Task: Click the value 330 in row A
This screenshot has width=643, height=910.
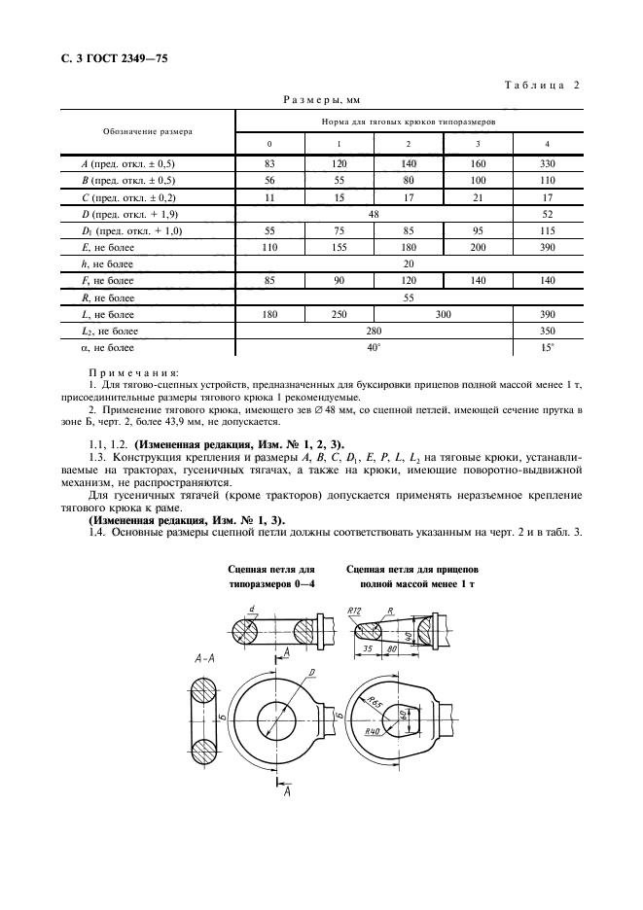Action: [x=547, y=163]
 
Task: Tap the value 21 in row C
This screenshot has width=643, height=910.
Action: [x=478, y=196]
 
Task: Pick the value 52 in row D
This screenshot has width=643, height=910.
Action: [x=547, y=213]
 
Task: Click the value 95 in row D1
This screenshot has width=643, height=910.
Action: [x=478, y=230]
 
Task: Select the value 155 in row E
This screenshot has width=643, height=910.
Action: [x=339, y=248]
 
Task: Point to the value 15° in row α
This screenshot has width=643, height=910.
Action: [x=547, y=347]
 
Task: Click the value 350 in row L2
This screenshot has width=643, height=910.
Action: [x=547, y=331]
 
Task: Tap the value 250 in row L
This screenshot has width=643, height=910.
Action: [x=339, y=314]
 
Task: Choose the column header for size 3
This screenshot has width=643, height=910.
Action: [x=478, y=144]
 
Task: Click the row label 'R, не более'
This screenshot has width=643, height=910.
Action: [x=108, y=297]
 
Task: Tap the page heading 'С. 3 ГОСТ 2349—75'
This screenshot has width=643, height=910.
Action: [x=108, y=59]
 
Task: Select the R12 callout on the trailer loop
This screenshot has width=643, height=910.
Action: [x=354, y=611]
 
